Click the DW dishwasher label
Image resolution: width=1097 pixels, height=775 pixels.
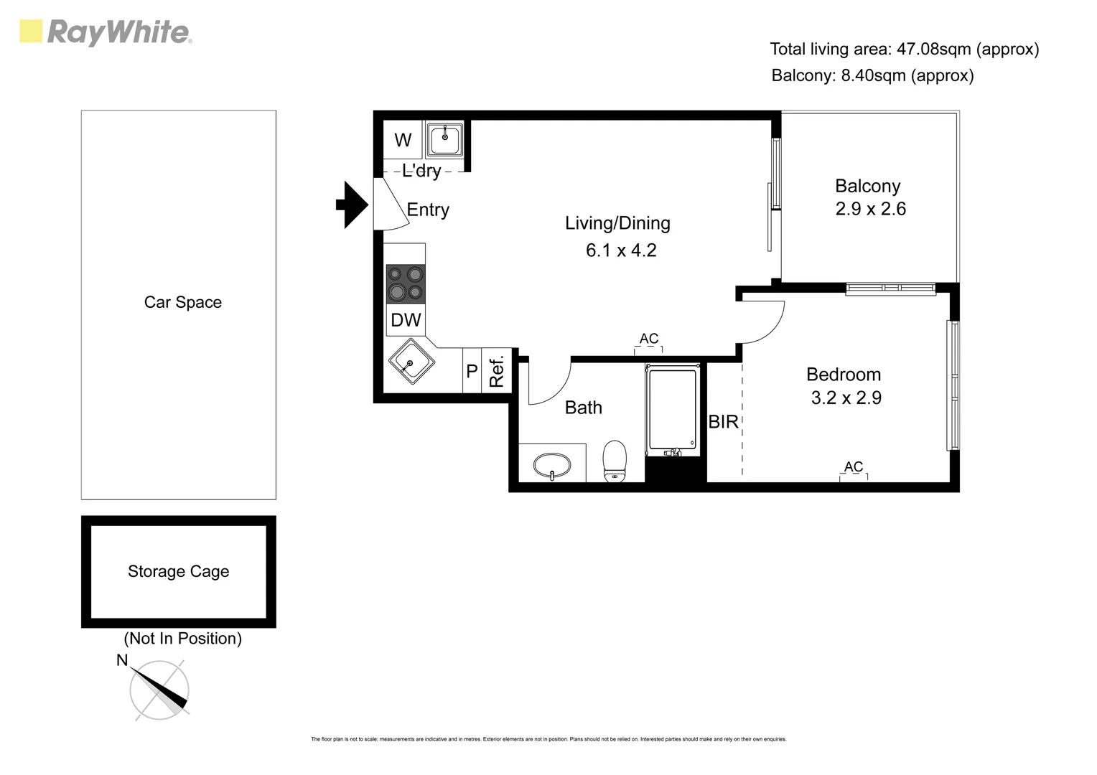406,320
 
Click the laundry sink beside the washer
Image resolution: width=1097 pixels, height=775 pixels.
445,139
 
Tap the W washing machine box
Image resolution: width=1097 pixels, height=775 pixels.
403,140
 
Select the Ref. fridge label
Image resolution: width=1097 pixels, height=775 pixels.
497,371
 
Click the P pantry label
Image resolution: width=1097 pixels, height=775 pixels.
472,371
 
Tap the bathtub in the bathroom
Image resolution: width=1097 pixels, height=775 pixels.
672,410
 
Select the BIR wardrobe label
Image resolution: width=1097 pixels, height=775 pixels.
723,422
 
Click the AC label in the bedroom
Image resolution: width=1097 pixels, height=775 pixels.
853,467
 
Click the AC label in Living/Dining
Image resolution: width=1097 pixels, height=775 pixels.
648,339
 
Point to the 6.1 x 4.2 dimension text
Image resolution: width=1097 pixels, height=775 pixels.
621,250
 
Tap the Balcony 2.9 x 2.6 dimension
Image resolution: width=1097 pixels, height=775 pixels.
870,209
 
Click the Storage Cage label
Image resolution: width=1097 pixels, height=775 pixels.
178,571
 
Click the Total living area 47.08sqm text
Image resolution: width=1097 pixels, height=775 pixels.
904,49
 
